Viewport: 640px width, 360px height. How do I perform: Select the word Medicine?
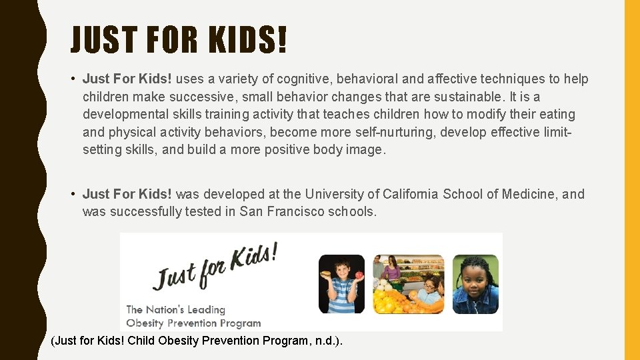click(x=527, y=194)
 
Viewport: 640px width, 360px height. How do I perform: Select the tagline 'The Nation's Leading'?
click(x=176, y=309)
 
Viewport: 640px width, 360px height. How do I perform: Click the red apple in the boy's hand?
click(x=359, y=275)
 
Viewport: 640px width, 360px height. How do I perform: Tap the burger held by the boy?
click(x=326, y=275)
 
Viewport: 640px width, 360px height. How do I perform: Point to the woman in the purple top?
click(x=392, y=270)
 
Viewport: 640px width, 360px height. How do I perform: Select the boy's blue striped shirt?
click(x=342, y=299)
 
